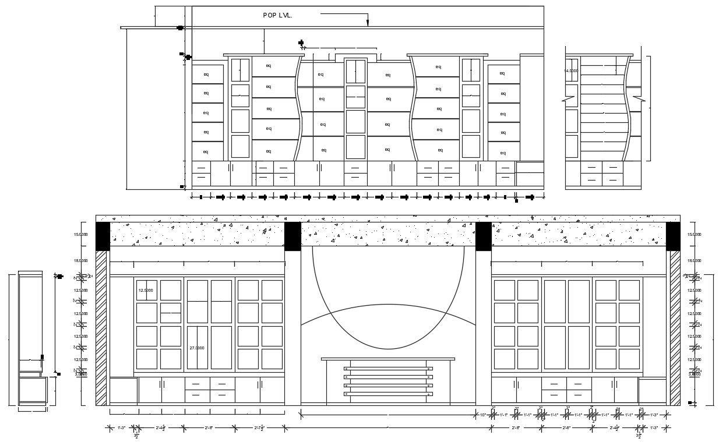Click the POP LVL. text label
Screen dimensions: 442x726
pos(277,16)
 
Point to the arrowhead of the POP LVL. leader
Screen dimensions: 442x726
pos(368,23)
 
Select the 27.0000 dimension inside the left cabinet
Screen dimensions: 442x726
pos(196,348)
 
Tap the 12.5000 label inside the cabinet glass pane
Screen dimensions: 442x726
pos(146,290)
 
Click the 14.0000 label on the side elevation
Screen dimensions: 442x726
pos(570,70)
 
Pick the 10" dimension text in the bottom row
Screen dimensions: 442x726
pos(483,415)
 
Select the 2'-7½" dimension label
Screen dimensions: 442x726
pos(260,429)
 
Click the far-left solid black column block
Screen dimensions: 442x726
pos(103,236)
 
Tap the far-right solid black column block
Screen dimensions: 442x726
pos(673,236)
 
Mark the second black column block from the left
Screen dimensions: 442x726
pos(292,236)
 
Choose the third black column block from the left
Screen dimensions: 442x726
pos(483,236)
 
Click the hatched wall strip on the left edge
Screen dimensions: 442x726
pos(101,327)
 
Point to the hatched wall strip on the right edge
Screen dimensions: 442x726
pos(675,327)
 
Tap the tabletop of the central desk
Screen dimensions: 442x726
pos(388,359)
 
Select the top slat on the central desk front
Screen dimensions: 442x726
pos(388,369)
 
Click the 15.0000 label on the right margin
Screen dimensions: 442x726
pos(694,235)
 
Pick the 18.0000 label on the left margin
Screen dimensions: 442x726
pos(80,261)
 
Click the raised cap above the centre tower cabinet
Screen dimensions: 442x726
pos(355,57)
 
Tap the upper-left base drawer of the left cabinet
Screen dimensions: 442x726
pos(198,384)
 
